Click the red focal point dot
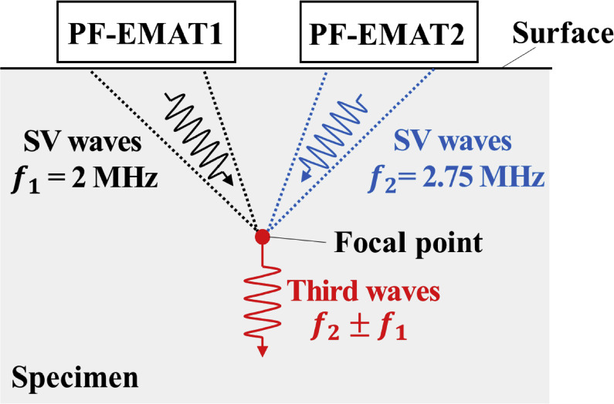[x=263, y=237]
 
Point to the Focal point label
[x=409, y=244]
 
